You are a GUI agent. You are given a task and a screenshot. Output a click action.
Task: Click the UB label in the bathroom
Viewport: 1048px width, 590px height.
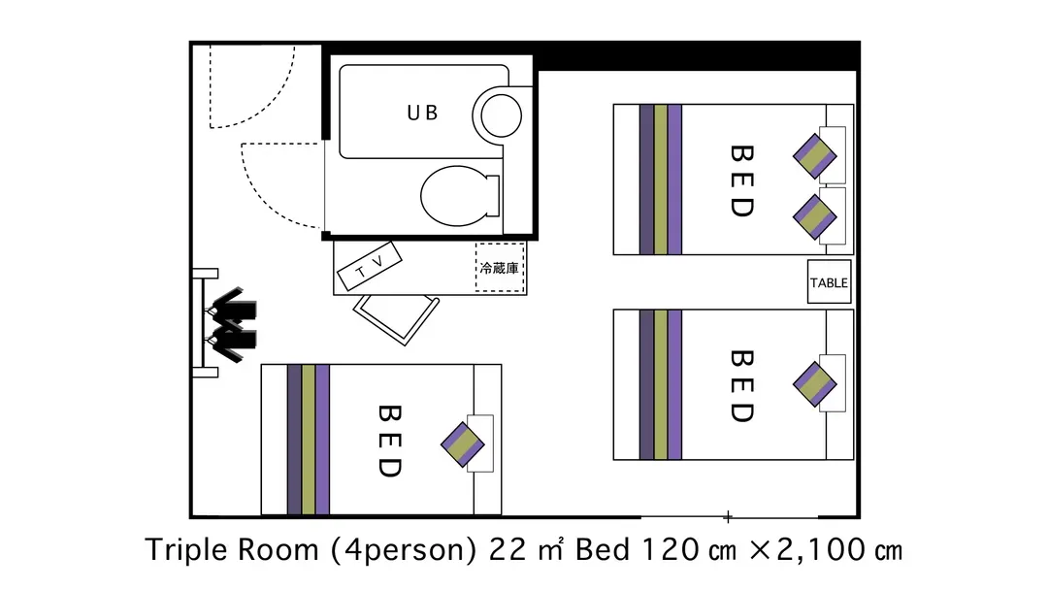coord(422,113)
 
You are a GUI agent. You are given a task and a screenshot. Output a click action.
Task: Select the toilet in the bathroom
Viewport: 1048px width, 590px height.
coord(460,196)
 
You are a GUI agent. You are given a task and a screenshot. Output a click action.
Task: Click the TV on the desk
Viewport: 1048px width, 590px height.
coord(370,266)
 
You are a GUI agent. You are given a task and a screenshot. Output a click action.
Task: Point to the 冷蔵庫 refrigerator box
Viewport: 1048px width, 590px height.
coord(500,268)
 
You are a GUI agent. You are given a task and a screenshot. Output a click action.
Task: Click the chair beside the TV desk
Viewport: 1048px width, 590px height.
coord(396,319)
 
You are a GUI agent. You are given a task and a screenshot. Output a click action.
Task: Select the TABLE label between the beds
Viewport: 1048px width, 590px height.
coord(829,282)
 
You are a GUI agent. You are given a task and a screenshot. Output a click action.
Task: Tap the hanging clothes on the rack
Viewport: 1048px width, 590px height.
coord(232,325)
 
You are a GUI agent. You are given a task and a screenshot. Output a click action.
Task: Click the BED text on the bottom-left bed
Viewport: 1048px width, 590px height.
coord(390,441)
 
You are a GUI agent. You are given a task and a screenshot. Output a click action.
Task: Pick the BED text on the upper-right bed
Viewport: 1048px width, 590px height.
coord(742,181)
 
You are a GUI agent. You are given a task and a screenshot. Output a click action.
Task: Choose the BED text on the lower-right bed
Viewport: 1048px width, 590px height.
coord(742,386)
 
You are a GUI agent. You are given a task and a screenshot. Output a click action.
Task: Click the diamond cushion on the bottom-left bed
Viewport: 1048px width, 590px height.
coord(463,444)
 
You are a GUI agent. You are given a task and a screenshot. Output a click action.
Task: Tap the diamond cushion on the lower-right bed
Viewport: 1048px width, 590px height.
coord(815,384)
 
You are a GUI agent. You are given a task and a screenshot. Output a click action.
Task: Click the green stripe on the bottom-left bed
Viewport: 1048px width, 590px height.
coord(309,440)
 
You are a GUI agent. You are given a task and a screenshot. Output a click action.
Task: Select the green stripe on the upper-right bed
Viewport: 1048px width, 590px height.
coord(661,180)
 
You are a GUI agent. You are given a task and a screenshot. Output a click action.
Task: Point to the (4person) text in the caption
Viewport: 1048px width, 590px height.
coord(404,550)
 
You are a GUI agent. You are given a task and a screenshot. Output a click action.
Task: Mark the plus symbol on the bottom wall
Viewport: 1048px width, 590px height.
coord(728,516)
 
